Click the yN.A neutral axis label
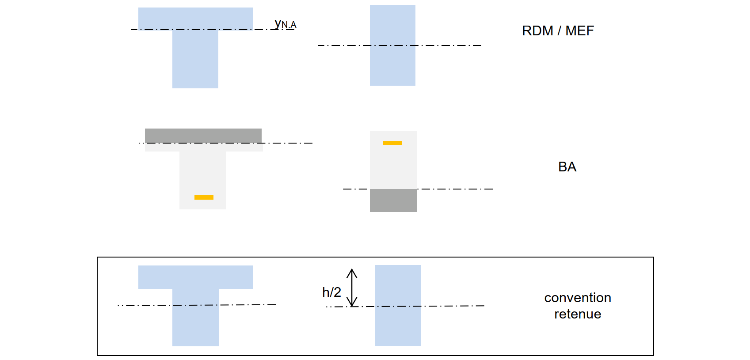285,24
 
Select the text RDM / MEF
558,31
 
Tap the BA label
567,167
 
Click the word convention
578,298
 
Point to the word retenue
578,314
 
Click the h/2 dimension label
331,292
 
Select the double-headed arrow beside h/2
352,288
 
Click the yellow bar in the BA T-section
204,197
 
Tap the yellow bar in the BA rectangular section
392,143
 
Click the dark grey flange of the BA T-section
203,135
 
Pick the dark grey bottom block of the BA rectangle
393,201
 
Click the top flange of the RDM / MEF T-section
195,18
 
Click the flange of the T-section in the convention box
196,277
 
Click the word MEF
579,31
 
